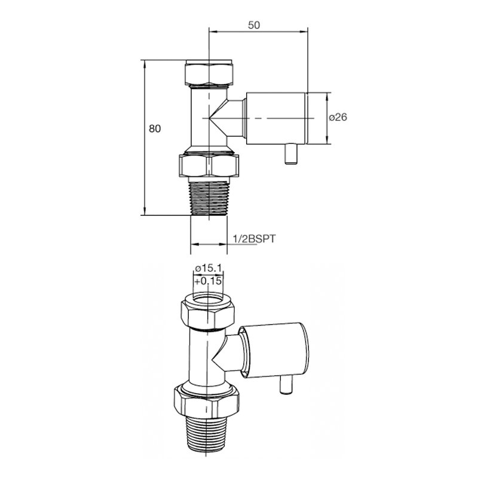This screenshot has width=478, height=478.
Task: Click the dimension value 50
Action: click(254, 24)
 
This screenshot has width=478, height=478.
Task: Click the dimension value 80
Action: click(155, 128)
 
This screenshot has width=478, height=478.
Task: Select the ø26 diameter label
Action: click(338, 117)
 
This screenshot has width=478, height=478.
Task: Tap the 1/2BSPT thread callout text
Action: click(254, 238)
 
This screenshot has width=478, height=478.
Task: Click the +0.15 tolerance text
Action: click(208, 281)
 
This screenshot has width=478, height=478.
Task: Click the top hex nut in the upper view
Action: click(209, 73)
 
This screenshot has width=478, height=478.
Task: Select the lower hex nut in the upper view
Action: click(209, 166)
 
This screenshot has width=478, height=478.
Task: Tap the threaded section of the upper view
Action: click(209, 198)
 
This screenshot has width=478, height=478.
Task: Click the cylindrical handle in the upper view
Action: click(276, 118)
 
